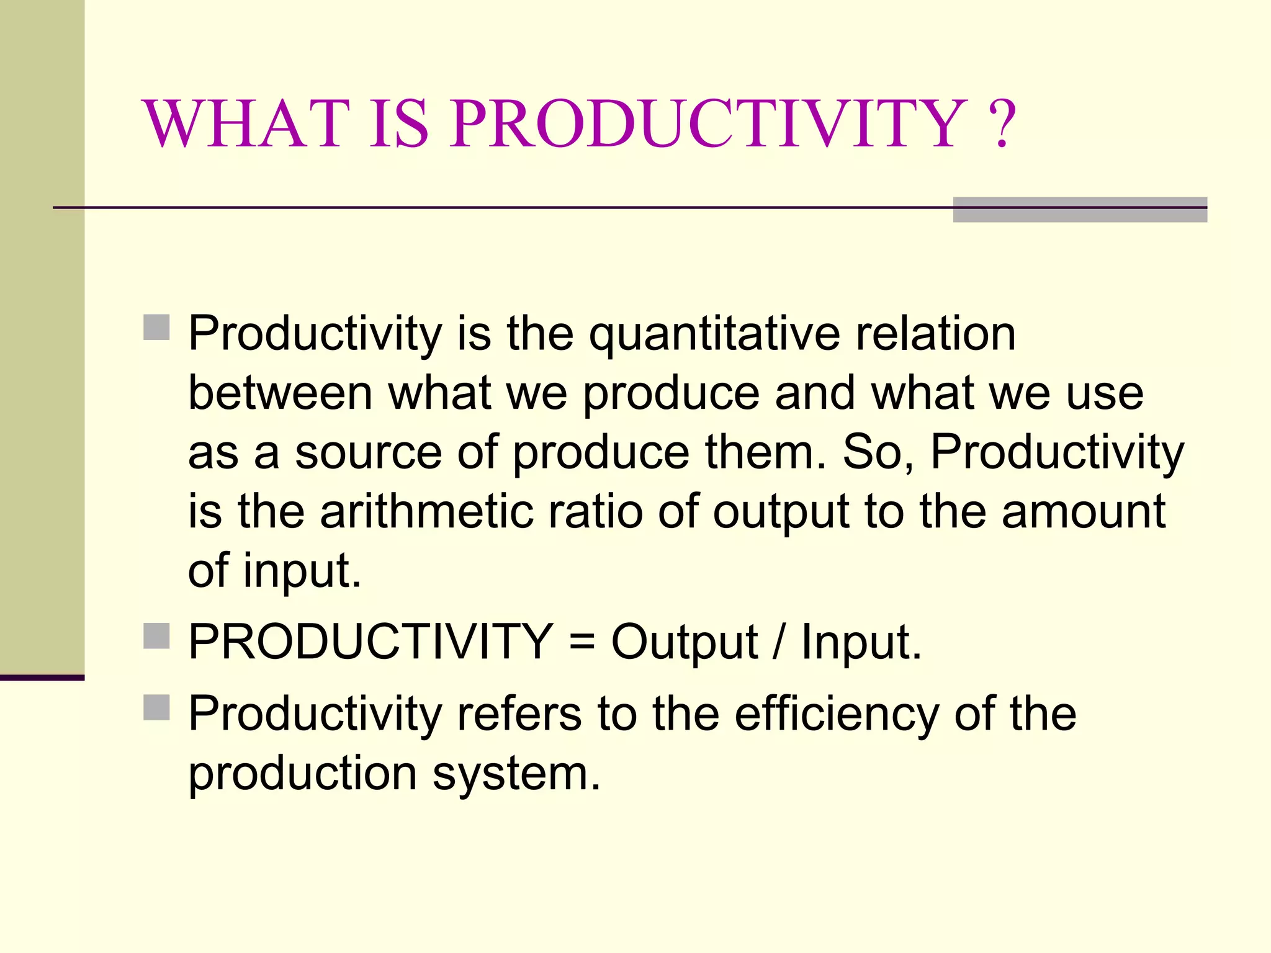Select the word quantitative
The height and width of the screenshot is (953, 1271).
714,335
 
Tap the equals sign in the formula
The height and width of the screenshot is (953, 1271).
582,642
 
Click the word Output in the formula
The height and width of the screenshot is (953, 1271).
684,642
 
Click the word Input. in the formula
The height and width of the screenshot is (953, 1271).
861,642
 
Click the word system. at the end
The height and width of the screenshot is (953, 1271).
517,774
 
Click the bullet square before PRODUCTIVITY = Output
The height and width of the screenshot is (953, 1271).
156,636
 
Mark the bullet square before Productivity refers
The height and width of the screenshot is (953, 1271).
156,707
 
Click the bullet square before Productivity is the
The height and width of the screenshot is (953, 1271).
156,328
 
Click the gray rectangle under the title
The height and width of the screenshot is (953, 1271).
1080,210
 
